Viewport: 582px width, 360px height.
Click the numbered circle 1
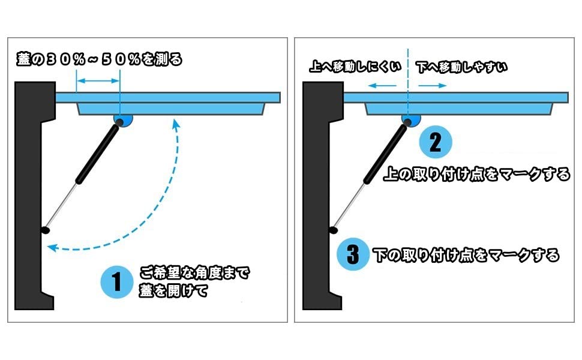[116, 283]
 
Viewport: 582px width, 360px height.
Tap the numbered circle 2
[435, 142]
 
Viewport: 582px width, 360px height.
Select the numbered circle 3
[353, 256]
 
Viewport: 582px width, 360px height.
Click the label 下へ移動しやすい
[461, 67]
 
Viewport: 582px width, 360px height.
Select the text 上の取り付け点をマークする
[476, 174]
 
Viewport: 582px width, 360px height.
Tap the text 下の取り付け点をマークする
[466, 255]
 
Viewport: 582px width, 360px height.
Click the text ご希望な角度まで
[194, 273]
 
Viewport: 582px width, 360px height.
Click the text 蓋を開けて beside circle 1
[173, 292]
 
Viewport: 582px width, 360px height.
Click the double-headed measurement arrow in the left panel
[98, 81]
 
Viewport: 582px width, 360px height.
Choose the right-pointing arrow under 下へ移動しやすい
[433, 86]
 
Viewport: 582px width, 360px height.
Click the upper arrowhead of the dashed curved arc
[176, 124]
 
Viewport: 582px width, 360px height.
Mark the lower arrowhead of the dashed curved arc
[53, 247]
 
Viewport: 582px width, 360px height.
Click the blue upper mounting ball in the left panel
[124, 121]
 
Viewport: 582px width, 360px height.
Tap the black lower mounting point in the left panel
[44, 230]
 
